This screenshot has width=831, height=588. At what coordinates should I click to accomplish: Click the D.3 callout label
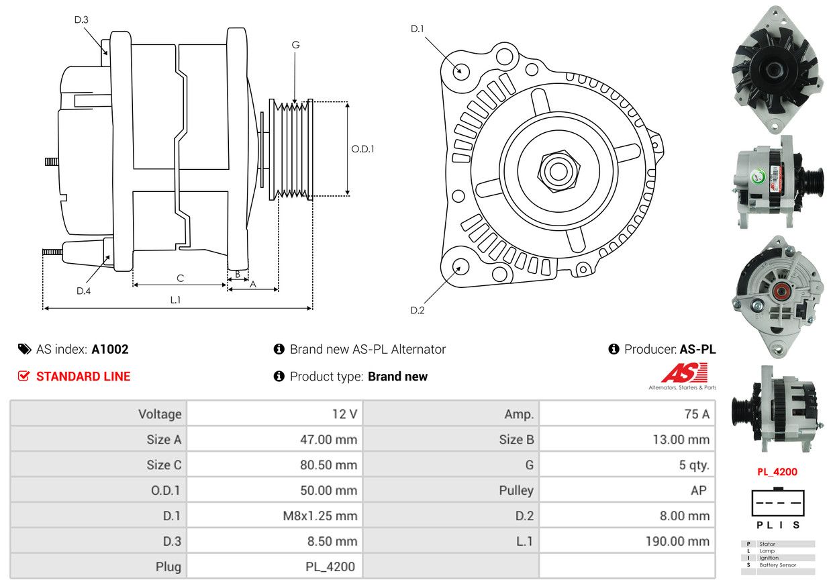pos(81,19)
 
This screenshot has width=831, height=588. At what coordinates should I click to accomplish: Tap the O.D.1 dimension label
pos(362,149)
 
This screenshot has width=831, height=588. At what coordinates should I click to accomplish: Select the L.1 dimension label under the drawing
pos(175,300)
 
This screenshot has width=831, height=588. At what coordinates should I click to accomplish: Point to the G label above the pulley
pos(295,45)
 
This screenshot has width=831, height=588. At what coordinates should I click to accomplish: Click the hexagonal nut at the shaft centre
pos(558,171)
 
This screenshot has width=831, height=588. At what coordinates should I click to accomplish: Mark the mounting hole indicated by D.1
pos(461,70)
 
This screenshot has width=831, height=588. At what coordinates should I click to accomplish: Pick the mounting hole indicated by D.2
pos(460,266)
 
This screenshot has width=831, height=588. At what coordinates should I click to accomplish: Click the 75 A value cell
pos(628,413)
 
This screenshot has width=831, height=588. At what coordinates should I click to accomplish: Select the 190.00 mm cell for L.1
pos(628,541)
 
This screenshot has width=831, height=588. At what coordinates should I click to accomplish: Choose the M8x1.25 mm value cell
pos(275,516)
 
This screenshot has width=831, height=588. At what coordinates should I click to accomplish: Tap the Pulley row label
pos(516,491)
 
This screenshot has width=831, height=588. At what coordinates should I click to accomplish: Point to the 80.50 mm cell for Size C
pos(275,465)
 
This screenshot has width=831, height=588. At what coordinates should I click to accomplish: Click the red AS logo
pos(684,373)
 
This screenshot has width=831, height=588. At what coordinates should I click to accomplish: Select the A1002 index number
pos(110,350)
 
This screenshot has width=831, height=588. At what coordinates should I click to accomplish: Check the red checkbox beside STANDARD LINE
pos(23,376)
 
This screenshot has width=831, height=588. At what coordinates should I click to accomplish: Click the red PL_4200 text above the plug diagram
pos(777,472)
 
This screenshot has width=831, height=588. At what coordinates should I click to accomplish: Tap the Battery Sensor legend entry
pos(777,565)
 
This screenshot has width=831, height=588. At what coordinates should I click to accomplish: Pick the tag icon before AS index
pos(24,349)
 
